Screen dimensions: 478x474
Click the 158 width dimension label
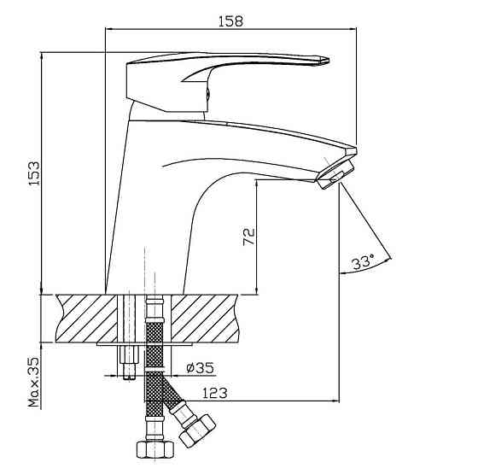(230, 21)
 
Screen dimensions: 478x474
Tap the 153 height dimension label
(34, 173)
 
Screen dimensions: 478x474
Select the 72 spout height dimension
(248, 237)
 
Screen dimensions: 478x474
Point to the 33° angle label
(363, 261)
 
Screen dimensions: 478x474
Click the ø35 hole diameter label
(201, 367)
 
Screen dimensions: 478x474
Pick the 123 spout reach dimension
(214, 393)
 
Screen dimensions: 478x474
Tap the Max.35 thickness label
(34, 383)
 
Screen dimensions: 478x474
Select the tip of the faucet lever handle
(329, 60)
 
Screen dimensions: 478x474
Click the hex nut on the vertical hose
(154, 449)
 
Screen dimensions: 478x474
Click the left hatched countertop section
(87, 318)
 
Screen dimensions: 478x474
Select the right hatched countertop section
(205, 318)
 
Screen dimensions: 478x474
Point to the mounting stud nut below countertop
(129, 354)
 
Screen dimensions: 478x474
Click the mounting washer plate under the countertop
(144, 344)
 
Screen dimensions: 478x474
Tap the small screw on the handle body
(208, 93)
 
